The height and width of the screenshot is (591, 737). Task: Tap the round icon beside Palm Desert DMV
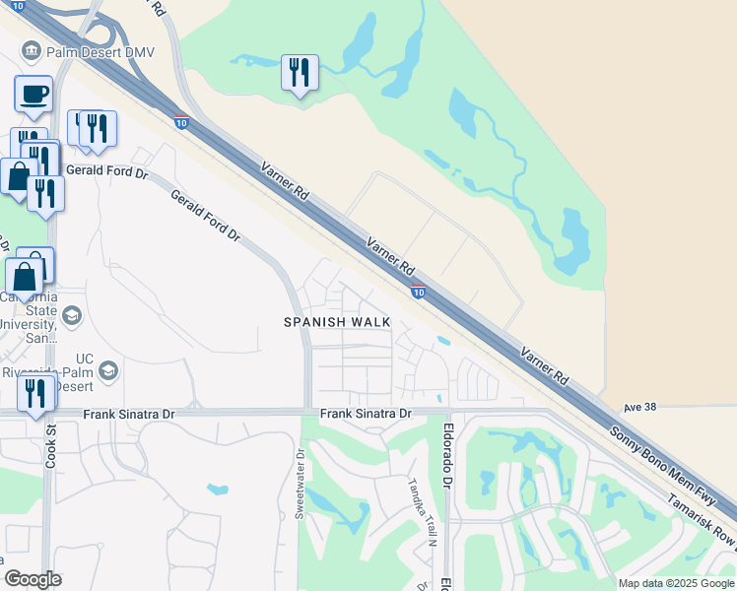click(30, 51)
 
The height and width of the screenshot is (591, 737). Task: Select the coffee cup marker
click(33, 96)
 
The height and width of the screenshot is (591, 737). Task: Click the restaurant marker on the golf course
click(300, 74)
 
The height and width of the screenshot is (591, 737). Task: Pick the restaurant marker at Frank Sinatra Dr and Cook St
click(36, 394)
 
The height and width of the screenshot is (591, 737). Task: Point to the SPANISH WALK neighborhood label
click(337, 322)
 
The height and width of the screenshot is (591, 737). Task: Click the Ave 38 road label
click(639, 407)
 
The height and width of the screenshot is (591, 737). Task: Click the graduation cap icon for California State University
click(71, 315)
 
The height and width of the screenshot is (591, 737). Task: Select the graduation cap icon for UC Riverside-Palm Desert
click(108, 370)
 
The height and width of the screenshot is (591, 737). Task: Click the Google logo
click(33, 579)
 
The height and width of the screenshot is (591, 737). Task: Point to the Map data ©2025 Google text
click(676, 583)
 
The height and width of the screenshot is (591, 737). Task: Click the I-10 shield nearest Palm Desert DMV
click(181, 122)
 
